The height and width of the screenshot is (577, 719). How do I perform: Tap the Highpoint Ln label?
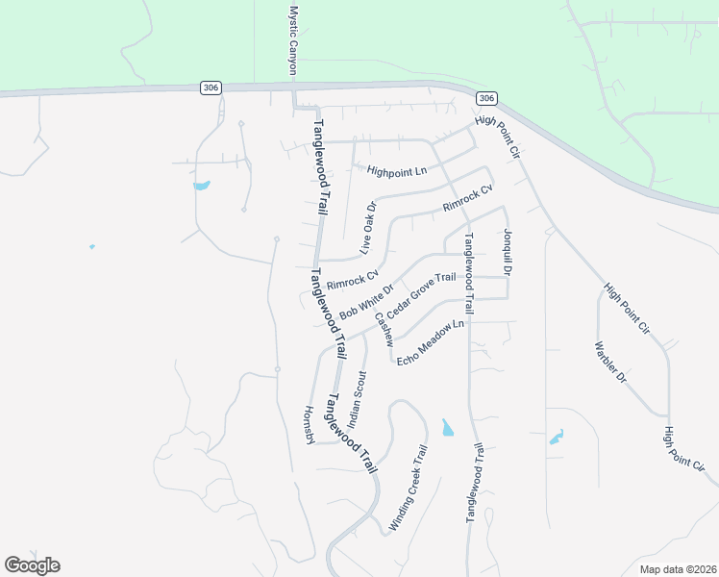pos(396,171)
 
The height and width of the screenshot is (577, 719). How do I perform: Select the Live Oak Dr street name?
pos(367,227)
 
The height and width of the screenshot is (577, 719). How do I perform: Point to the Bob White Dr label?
pos(367,302)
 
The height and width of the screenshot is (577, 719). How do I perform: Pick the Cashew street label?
pos(384,330)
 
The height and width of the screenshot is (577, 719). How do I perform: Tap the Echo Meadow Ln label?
pos(430,342)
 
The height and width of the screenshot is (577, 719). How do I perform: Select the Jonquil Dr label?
pos(507,253)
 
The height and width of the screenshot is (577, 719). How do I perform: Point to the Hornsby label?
pos(310,423)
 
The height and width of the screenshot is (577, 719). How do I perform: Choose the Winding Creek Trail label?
pos(408,488)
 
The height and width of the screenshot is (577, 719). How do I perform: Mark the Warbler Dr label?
pos(610,364)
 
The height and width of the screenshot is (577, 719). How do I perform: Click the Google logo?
pos(32,565)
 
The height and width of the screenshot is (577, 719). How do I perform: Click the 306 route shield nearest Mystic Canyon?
pos(211,88)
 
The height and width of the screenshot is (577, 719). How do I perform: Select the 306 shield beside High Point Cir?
pos(486,98)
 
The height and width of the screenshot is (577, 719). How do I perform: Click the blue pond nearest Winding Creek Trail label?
pos(447,427)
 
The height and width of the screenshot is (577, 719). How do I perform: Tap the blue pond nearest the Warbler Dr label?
pos(557,439)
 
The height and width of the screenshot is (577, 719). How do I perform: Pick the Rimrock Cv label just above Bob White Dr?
pos(353,280)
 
